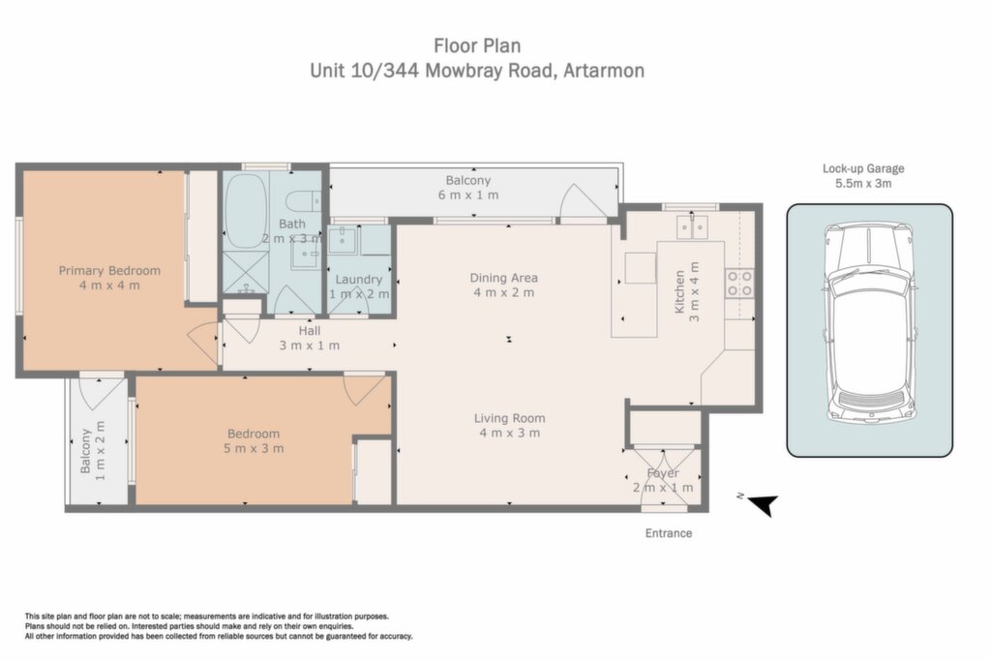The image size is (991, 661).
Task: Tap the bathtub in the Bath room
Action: coord(245,211)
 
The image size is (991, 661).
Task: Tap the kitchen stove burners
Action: coord(739,284)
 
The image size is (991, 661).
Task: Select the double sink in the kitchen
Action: coord(692,226)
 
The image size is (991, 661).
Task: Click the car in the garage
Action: coord(870,324)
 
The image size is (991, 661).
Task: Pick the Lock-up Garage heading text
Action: coord(863,168)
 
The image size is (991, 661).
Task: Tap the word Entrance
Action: coord(669,532)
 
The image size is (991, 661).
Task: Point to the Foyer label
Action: coord(663,472)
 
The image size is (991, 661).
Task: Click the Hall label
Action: coord(310,331)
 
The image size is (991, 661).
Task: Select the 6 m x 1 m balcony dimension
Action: coord(468,195)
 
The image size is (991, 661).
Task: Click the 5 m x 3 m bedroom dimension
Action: coord(254,449)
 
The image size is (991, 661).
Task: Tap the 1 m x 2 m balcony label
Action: coord(93,451)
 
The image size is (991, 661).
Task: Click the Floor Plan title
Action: coord(477,45)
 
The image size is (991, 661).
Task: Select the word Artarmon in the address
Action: coord(604,70)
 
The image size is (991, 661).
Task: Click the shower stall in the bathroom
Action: coord(245,272)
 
